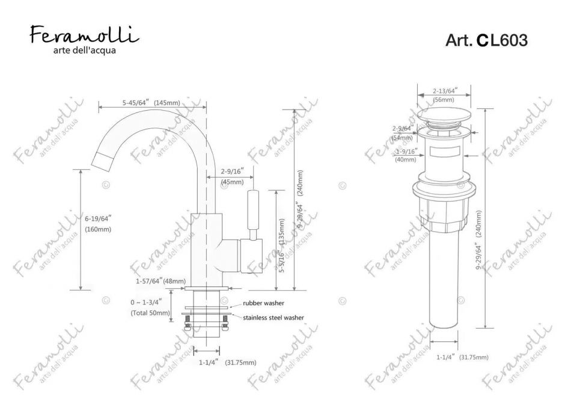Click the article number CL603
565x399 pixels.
[486, 40]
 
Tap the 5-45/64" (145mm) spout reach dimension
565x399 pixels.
[150, 102]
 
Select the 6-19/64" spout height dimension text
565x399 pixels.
[98, 219]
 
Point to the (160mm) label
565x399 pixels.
[98, 229]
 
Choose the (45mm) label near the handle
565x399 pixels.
[231, 182]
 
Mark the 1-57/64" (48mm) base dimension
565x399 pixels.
[160, 281]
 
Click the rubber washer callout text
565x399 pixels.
[264, 303]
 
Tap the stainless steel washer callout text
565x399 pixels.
[273, 317]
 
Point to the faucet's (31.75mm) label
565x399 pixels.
[240, 362]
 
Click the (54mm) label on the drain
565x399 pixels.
[402, 138]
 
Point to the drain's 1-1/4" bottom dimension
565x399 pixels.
[445, 357]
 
